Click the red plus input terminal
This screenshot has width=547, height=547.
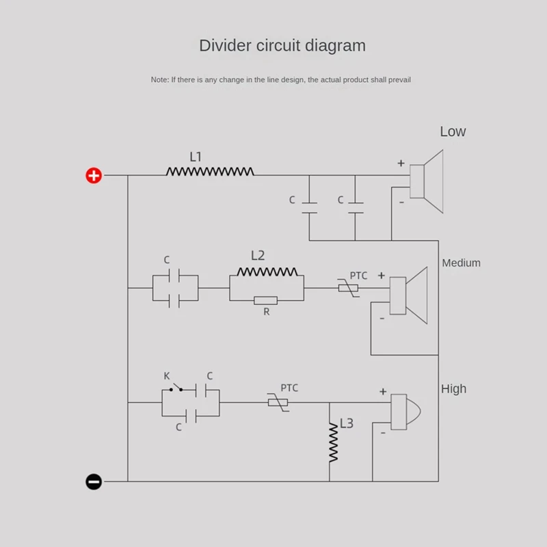tap(94, 176)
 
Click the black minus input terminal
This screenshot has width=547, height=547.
tap(94, 481)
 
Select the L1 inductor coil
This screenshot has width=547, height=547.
tap(209, 172)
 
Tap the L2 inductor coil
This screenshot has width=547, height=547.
tap(267, 271)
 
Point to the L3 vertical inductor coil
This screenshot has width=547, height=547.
tap(334, 442)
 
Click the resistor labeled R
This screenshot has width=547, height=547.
tap(265, 300)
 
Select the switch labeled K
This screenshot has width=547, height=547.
tap(175, 389)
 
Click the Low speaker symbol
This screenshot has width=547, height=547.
tap(428, 182)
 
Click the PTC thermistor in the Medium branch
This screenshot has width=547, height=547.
tap(348, 288)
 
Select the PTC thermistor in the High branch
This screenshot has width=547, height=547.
tap(278, 402)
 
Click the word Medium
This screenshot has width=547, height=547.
tap(461, 263)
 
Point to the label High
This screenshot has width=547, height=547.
tap(453, 389)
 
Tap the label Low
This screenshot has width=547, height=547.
tap(453, 132)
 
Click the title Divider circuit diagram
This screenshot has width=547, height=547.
tap(282, 46)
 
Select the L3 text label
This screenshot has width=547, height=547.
tap(347, 424)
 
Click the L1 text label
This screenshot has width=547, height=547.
tap(196, 157)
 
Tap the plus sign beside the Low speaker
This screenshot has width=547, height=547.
tap(401, 163)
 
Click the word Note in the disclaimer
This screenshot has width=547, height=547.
tap(159, 80)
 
